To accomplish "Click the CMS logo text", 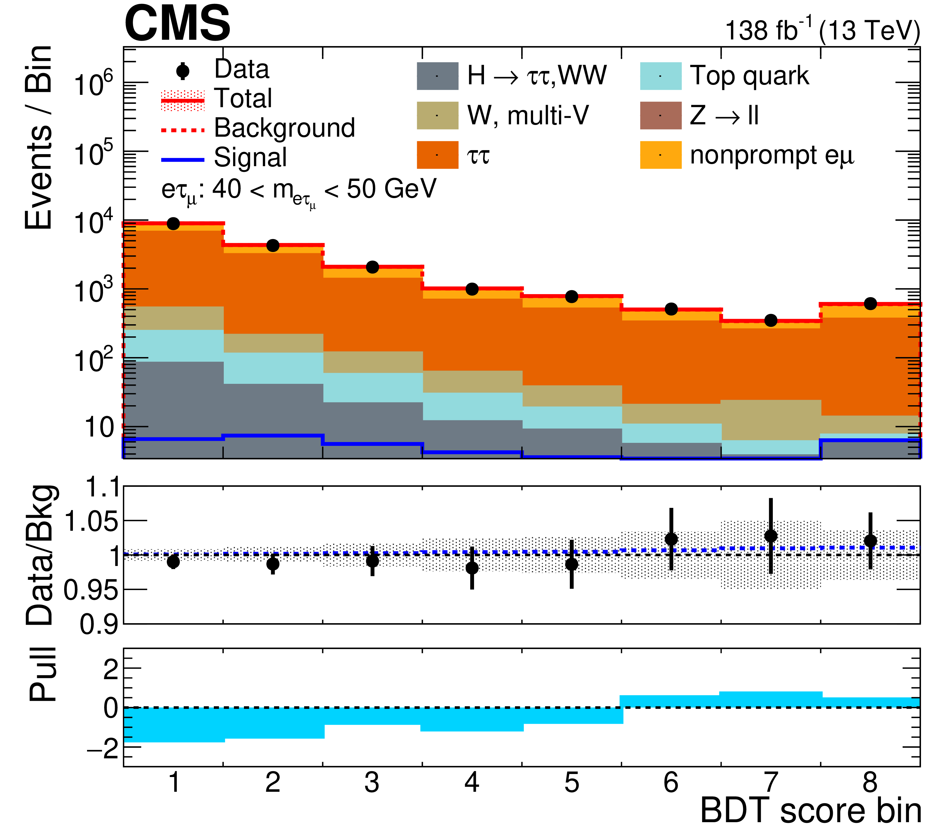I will [177, 24].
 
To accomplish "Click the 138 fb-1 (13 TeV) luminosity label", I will [822, 31].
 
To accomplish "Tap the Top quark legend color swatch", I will [660, 76].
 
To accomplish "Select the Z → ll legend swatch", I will [660, 115].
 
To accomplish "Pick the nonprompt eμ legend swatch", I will [660, 155].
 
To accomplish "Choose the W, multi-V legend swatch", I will [437, 115].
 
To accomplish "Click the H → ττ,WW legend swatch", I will [437, 76].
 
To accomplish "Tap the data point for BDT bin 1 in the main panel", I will [173, 224].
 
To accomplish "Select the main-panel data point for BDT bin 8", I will [870, 304].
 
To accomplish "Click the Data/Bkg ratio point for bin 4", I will [472, 568].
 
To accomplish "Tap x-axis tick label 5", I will [571, 783].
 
